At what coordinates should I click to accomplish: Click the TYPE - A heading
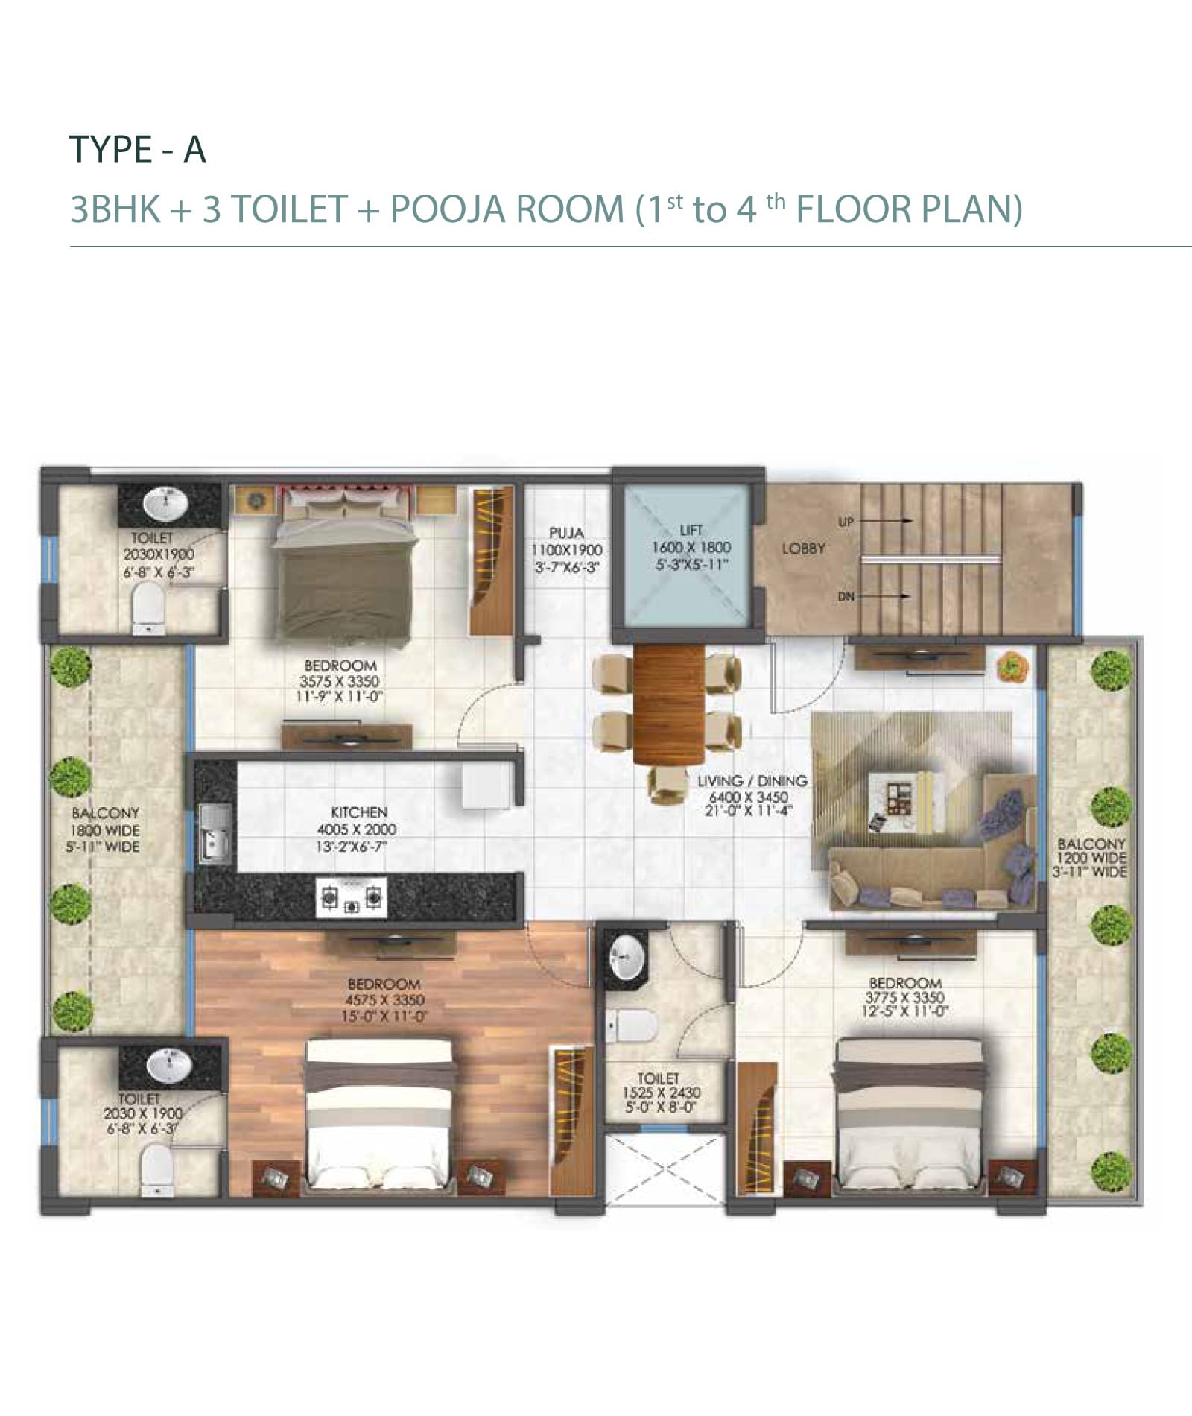point(137,150)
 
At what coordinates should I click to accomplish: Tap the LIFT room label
point(691,530)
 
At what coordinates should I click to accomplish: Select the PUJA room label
point(566,533)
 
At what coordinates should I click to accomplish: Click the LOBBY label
point(803,549)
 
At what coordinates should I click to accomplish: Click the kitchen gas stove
point(352,897)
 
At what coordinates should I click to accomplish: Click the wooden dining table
point(668,704)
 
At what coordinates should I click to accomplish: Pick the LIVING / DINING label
point(752,781)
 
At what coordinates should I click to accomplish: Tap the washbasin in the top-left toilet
point(168,505)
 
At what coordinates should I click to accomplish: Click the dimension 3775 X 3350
point(904,998)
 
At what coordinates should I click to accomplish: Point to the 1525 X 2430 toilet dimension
point(662,1093)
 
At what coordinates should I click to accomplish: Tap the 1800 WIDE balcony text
point(105,830)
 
